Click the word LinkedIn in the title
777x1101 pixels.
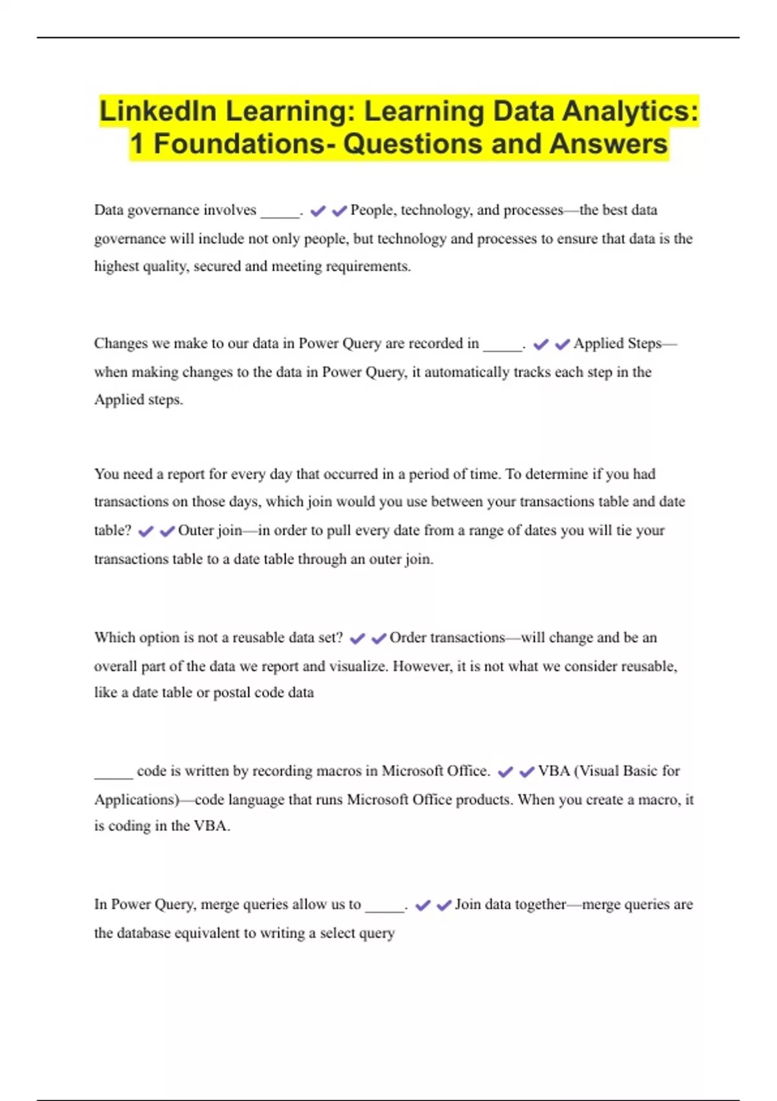click(x=158, y=111)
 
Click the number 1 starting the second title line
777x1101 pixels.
click(x=137, y=144)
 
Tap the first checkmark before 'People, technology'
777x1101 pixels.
click(x=318, y=211)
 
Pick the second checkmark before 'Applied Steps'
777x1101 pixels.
click(x=562, y=345)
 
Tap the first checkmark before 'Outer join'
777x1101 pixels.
click(x=146, y=532)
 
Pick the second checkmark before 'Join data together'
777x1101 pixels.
click(x=444, y=905)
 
